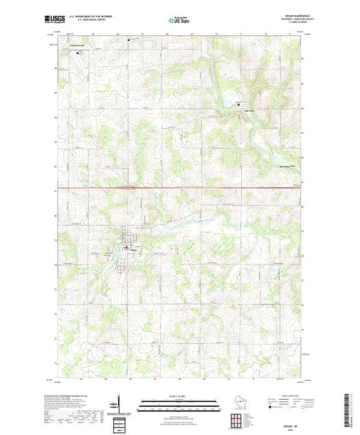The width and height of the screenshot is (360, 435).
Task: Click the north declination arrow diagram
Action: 119,400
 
